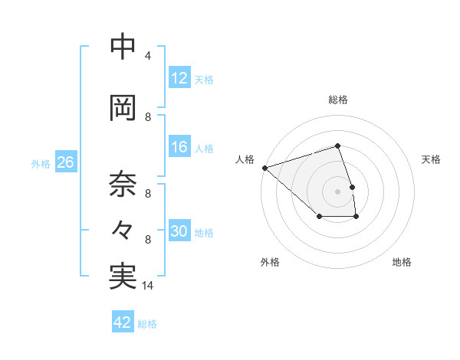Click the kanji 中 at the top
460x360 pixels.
[123, 48]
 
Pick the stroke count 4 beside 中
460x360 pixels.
[148, 56]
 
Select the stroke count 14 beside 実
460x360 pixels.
[148, 286]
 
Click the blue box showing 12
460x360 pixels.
[179, 78]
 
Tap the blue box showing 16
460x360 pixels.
[179, 148]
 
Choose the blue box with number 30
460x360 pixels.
[179, 231]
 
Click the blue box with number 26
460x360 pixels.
[65, 163]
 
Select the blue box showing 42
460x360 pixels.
[123, 322]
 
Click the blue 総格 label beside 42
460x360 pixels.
[147, 324]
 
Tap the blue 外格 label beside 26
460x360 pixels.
[41, 164]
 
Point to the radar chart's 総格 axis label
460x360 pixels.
[338, 100]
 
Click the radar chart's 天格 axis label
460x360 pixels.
[432, 159]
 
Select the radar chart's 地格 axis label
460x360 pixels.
[402, 262]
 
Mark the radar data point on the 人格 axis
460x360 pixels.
[264, 167]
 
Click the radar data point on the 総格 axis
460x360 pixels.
[338, 146]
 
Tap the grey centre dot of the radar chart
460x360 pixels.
[338, 191]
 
